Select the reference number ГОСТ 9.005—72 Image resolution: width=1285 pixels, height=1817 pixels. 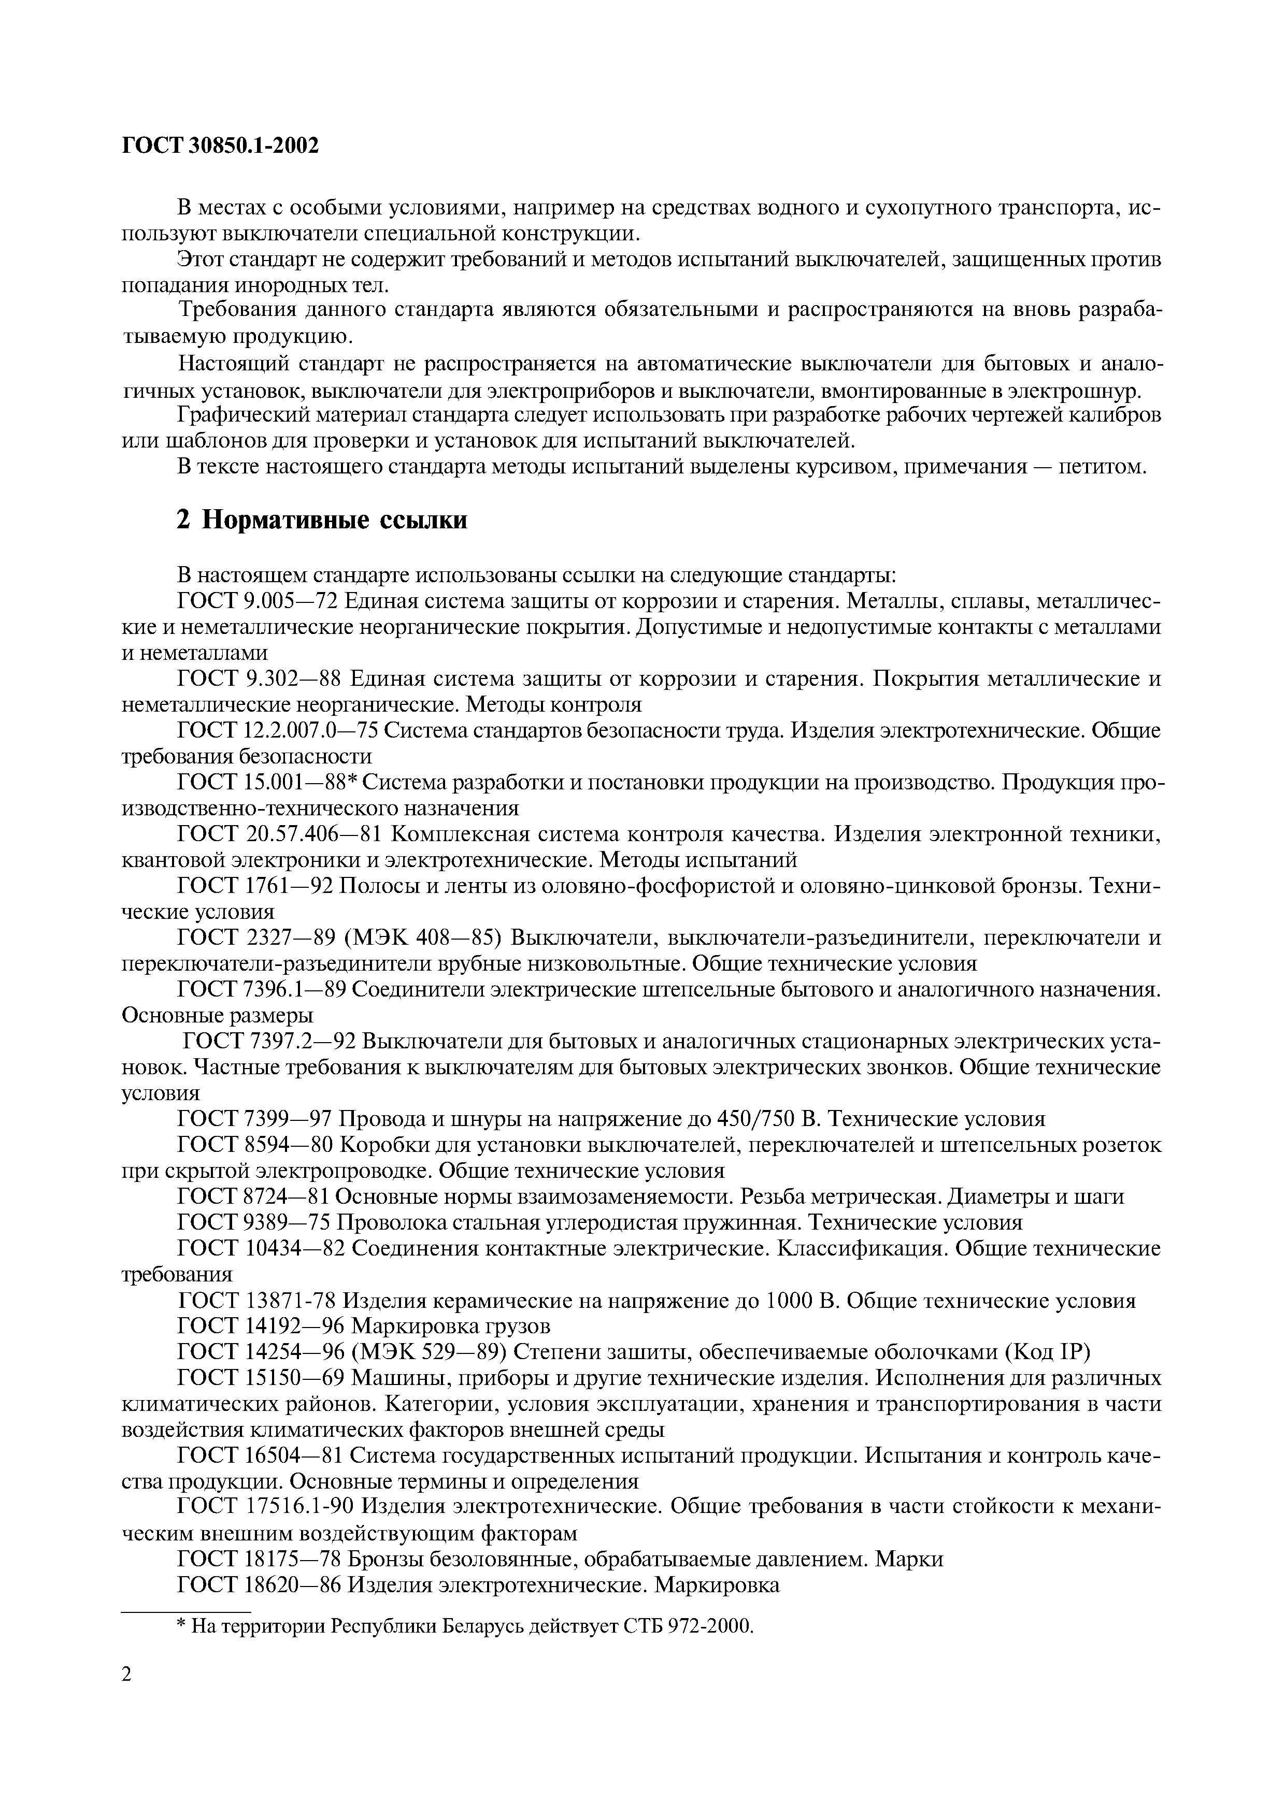258,601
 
